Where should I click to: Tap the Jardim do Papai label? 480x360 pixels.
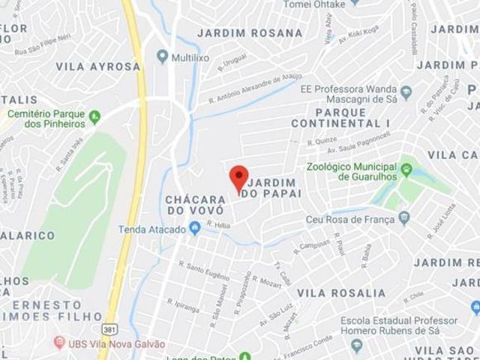(274, 187)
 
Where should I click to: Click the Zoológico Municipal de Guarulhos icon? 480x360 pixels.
(406, 169)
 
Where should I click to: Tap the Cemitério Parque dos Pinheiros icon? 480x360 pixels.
(94, 116)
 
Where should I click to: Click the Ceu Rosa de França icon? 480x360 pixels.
(404, 218)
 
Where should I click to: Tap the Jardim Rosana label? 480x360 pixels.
(250, 33)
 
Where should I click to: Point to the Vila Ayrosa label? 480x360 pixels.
(97, 66)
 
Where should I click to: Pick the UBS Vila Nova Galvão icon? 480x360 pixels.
(59, 343)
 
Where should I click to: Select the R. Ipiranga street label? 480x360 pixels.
(183, 305)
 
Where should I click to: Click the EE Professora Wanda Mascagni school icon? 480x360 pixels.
(406, 93)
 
